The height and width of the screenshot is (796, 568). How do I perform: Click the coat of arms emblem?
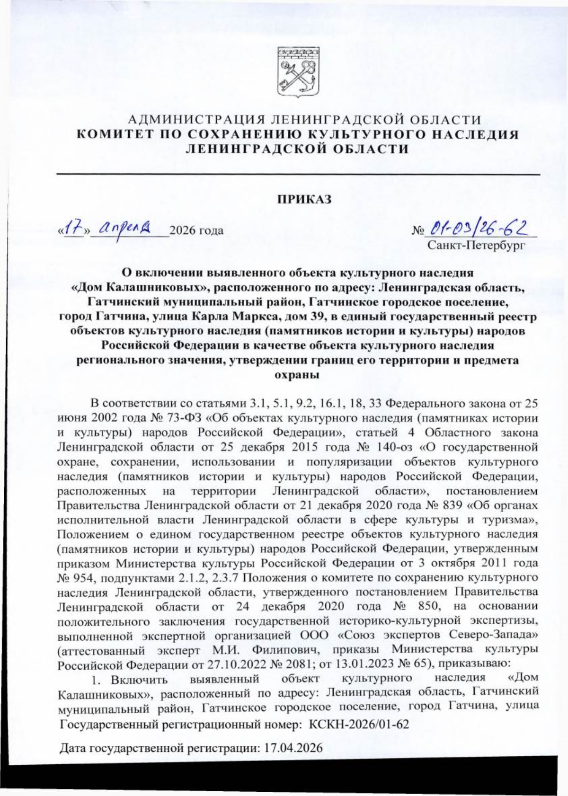[x=298, y=72]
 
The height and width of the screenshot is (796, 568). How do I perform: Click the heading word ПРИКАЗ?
[x=304, y=199]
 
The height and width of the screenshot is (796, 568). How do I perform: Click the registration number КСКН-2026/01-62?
[x=359, y=725]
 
